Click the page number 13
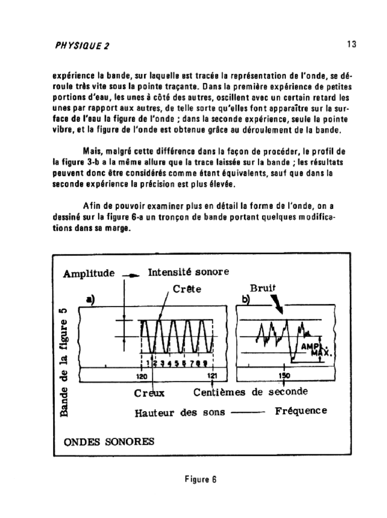point(352,45)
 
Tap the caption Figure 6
point(200,480)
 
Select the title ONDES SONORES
point(109,441)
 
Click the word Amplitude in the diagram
point(89,274)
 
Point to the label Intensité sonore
point(188,272)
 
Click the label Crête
point(187,289)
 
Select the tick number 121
point(212,376)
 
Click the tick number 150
point(284,376)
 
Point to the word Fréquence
point(301,411)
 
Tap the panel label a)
point(91,299)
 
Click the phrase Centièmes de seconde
point(251,392)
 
